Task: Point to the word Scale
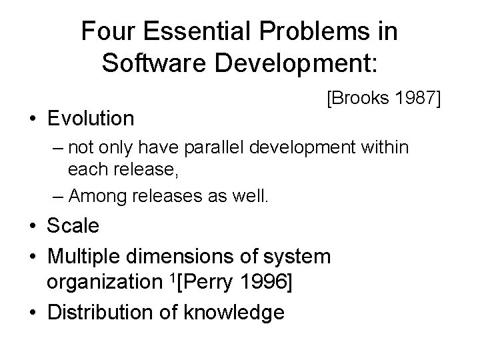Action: click(x=73, y=226)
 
